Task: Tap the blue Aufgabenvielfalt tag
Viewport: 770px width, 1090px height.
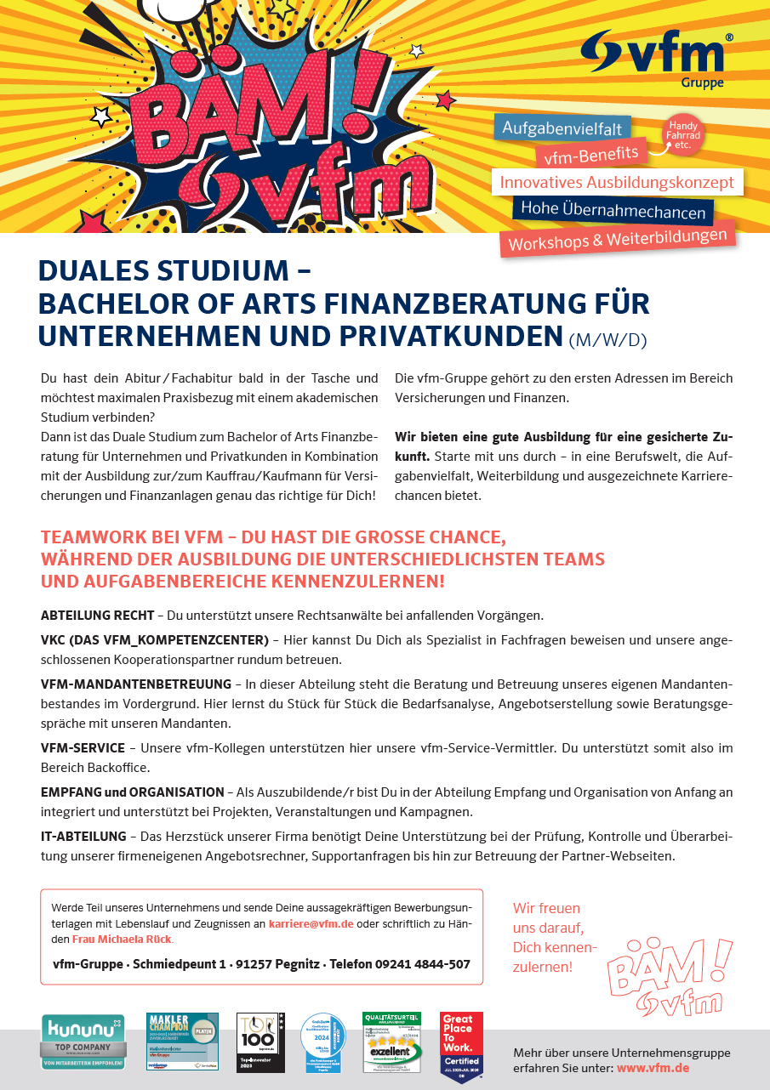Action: (x=562, y=128)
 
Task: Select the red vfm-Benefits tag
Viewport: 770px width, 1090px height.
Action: (x=591, y=155)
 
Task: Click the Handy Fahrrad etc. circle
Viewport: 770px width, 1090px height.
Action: (x=684, y=135)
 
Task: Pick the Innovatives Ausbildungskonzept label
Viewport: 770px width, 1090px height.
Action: (x=617, y=182)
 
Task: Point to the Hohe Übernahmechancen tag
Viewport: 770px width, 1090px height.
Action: (x=613, y=210)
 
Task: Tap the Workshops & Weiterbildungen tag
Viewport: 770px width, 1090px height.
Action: (x=617, y=239)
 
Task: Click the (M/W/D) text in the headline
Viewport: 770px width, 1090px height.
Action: (x=607, y=340)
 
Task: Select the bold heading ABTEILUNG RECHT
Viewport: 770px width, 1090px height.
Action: (x=97, y=615)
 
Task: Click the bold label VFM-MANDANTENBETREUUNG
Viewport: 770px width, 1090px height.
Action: (x=136, y=684)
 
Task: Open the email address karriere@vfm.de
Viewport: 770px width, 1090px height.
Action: (x=311, y=923)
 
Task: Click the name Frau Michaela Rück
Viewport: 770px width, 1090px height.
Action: (x=122, y=939)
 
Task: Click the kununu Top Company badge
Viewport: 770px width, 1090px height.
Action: (x=83, y=1042)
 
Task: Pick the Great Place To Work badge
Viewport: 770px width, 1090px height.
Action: (x=461, y=1047)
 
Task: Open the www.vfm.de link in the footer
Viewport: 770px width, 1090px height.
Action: (x=653, y=1068)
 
